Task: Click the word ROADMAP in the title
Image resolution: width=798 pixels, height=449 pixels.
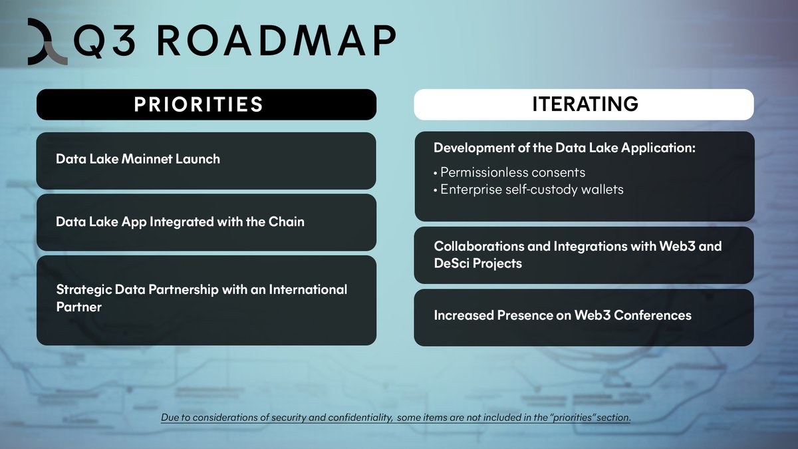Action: (277, 41)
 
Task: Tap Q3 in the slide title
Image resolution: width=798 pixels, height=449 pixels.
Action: (105, 42)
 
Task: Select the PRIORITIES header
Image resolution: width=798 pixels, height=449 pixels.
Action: (206, 104)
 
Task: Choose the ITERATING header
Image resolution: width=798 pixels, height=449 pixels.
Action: (584, 104)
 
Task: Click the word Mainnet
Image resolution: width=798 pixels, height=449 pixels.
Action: (146, 159)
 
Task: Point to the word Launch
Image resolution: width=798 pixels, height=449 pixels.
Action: (198, 159)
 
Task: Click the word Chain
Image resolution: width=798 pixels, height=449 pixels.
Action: (287, 222)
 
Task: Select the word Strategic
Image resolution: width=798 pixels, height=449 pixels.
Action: (84, 290)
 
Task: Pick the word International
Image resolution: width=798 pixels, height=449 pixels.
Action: (308, 289)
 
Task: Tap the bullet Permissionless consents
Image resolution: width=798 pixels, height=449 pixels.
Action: (509, 172)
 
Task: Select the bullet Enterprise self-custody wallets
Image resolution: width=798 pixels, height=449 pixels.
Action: (529, 190)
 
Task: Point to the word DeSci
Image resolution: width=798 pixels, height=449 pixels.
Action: (452, 263)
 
